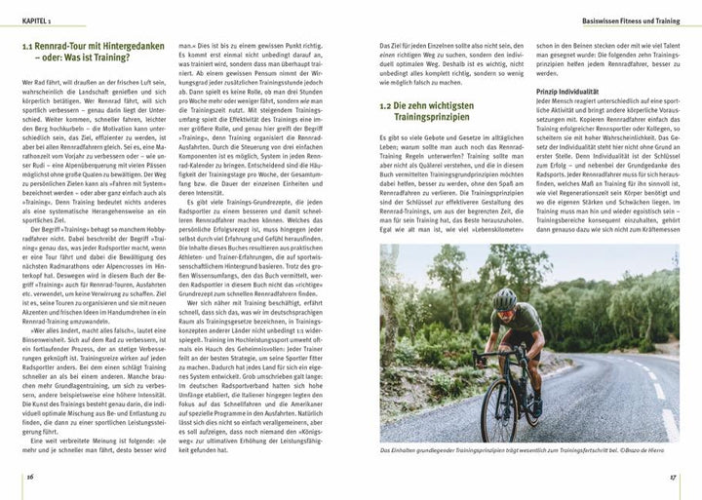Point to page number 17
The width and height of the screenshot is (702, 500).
(x=672, y=477)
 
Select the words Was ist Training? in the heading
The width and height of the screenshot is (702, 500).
(x=97, y=62)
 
